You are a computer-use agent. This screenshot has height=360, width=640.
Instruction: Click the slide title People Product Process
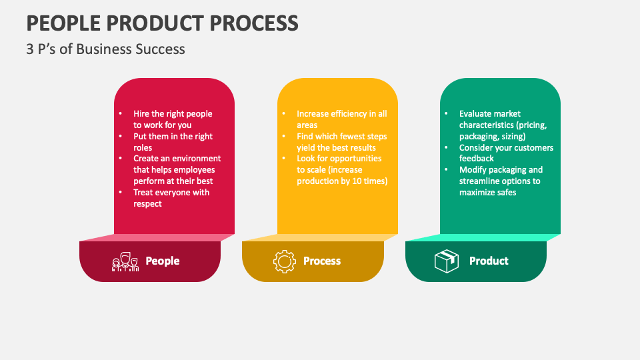pyautogui.click(x=162, y=23)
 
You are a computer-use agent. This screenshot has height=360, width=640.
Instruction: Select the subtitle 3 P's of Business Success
pyautogui.click(x=105, y=49)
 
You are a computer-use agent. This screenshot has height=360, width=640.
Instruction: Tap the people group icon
pyautogui.click(x=125, y=261)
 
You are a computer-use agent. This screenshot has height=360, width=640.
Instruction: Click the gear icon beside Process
pyautogui.click(x=285, y=261)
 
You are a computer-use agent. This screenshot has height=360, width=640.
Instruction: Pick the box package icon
pyautogui.click(x=446, y=261)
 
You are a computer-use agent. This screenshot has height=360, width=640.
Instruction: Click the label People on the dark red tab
pyautogui.click(x=163, y=261)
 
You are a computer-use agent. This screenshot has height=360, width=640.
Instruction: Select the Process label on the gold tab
pyautogui.click(x=322, y=261)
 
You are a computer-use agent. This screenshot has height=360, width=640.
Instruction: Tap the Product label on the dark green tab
pyautogui.click(x=489, y=261)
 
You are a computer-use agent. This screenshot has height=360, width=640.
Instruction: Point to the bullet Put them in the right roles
pyautogui.click(x=172, y=142)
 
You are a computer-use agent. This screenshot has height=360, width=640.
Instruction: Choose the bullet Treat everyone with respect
pyautogui.click(x=171, y=198)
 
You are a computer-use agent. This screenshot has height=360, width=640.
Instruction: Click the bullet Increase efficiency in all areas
pyautogui.click(x=341, y=119)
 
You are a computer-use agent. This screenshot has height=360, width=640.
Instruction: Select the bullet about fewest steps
pyautogui.click(x=341, y=142)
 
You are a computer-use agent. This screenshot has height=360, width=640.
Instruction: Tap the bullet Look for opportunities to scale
pyautogui.click(x=341, y=170)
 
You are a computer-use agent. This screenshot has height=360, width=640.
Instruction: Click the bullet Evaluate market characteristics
pyautogui.click(x=503, y=125)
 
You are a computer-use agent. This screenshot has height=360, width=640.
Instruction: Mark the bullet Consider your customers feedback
pyautogui.click(x=505, y=153)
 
